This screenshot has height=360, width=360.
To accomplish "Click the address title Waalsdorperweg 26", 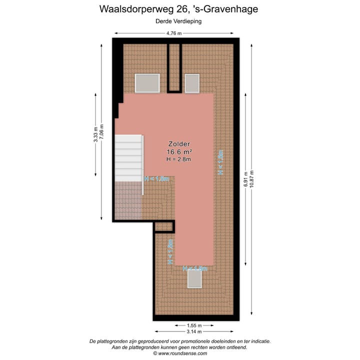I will pos(179,8).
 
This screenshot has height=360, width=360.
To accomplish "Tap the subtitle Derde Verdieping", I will pos(179,21).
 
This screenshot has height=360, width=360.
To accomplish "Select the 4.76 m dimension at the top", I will pos(174,33).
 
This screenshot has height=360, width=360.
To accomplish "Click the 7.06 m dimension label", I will pos(102,132).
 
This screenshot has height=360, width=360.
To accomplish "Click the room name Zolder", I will pos(179,143).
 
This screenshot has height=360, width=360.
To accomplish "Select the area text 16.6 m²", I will pos(179,152).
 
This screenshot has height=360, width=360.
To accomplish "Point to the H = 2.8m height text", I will pos(179,159).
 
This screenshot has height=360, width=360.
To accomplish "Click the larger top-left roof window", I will pos(147,83).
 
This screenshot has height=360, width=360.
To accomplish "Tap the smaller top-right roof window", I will pos(192,83).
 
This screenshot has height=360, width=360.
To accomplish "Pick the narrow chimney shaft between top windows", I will pos(174,67).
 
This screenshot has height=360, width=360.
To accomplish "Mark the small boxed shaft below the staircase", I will pos(163,227).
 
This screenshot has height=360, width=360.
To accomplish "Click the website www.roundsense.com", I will pos(179,353).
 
